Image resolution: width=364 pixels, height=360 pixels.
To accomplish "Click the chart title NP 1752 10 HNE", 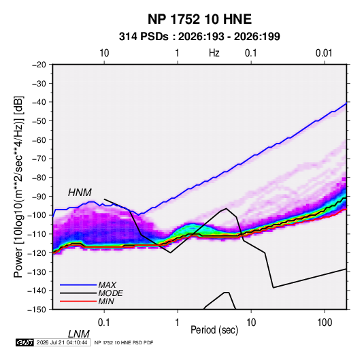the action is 199,19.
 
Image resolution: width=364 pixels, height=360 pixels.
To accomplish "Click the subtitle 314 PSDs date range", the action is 199,37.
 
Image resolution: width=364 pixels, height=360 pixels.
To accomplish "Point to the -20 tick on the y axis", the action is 39,65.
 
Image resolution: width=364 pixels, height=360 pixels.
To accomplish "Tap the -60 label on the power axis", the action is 39,140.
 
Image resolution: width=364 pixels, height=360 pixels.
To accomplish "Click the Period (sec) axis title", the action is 214,330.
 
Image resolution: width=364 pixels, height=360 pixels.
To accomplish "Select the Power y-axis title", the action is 18,187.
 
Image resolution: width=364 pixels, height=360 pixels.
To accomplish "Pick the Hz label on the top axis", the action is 214,53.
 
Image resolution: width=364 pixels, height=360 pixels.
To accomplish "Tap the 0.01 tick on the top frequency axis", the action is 324,53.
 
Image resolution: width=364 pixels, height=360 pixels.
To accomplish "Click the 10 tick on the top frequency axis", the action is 104,53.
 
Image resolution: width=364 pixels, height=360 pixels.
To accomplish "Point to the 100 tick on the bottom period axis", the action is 325,323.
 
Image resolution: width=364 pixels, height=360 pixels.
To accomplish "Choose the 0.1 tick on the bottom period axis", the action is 104,323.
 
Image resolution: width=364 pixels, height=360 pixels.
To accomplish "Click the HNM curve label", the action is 80,193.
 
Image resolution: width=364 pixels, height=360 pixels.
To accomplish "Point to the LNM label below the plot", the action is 79,334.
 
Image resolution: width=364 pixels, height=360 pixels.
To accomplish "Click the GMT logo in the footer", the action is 24,342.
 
